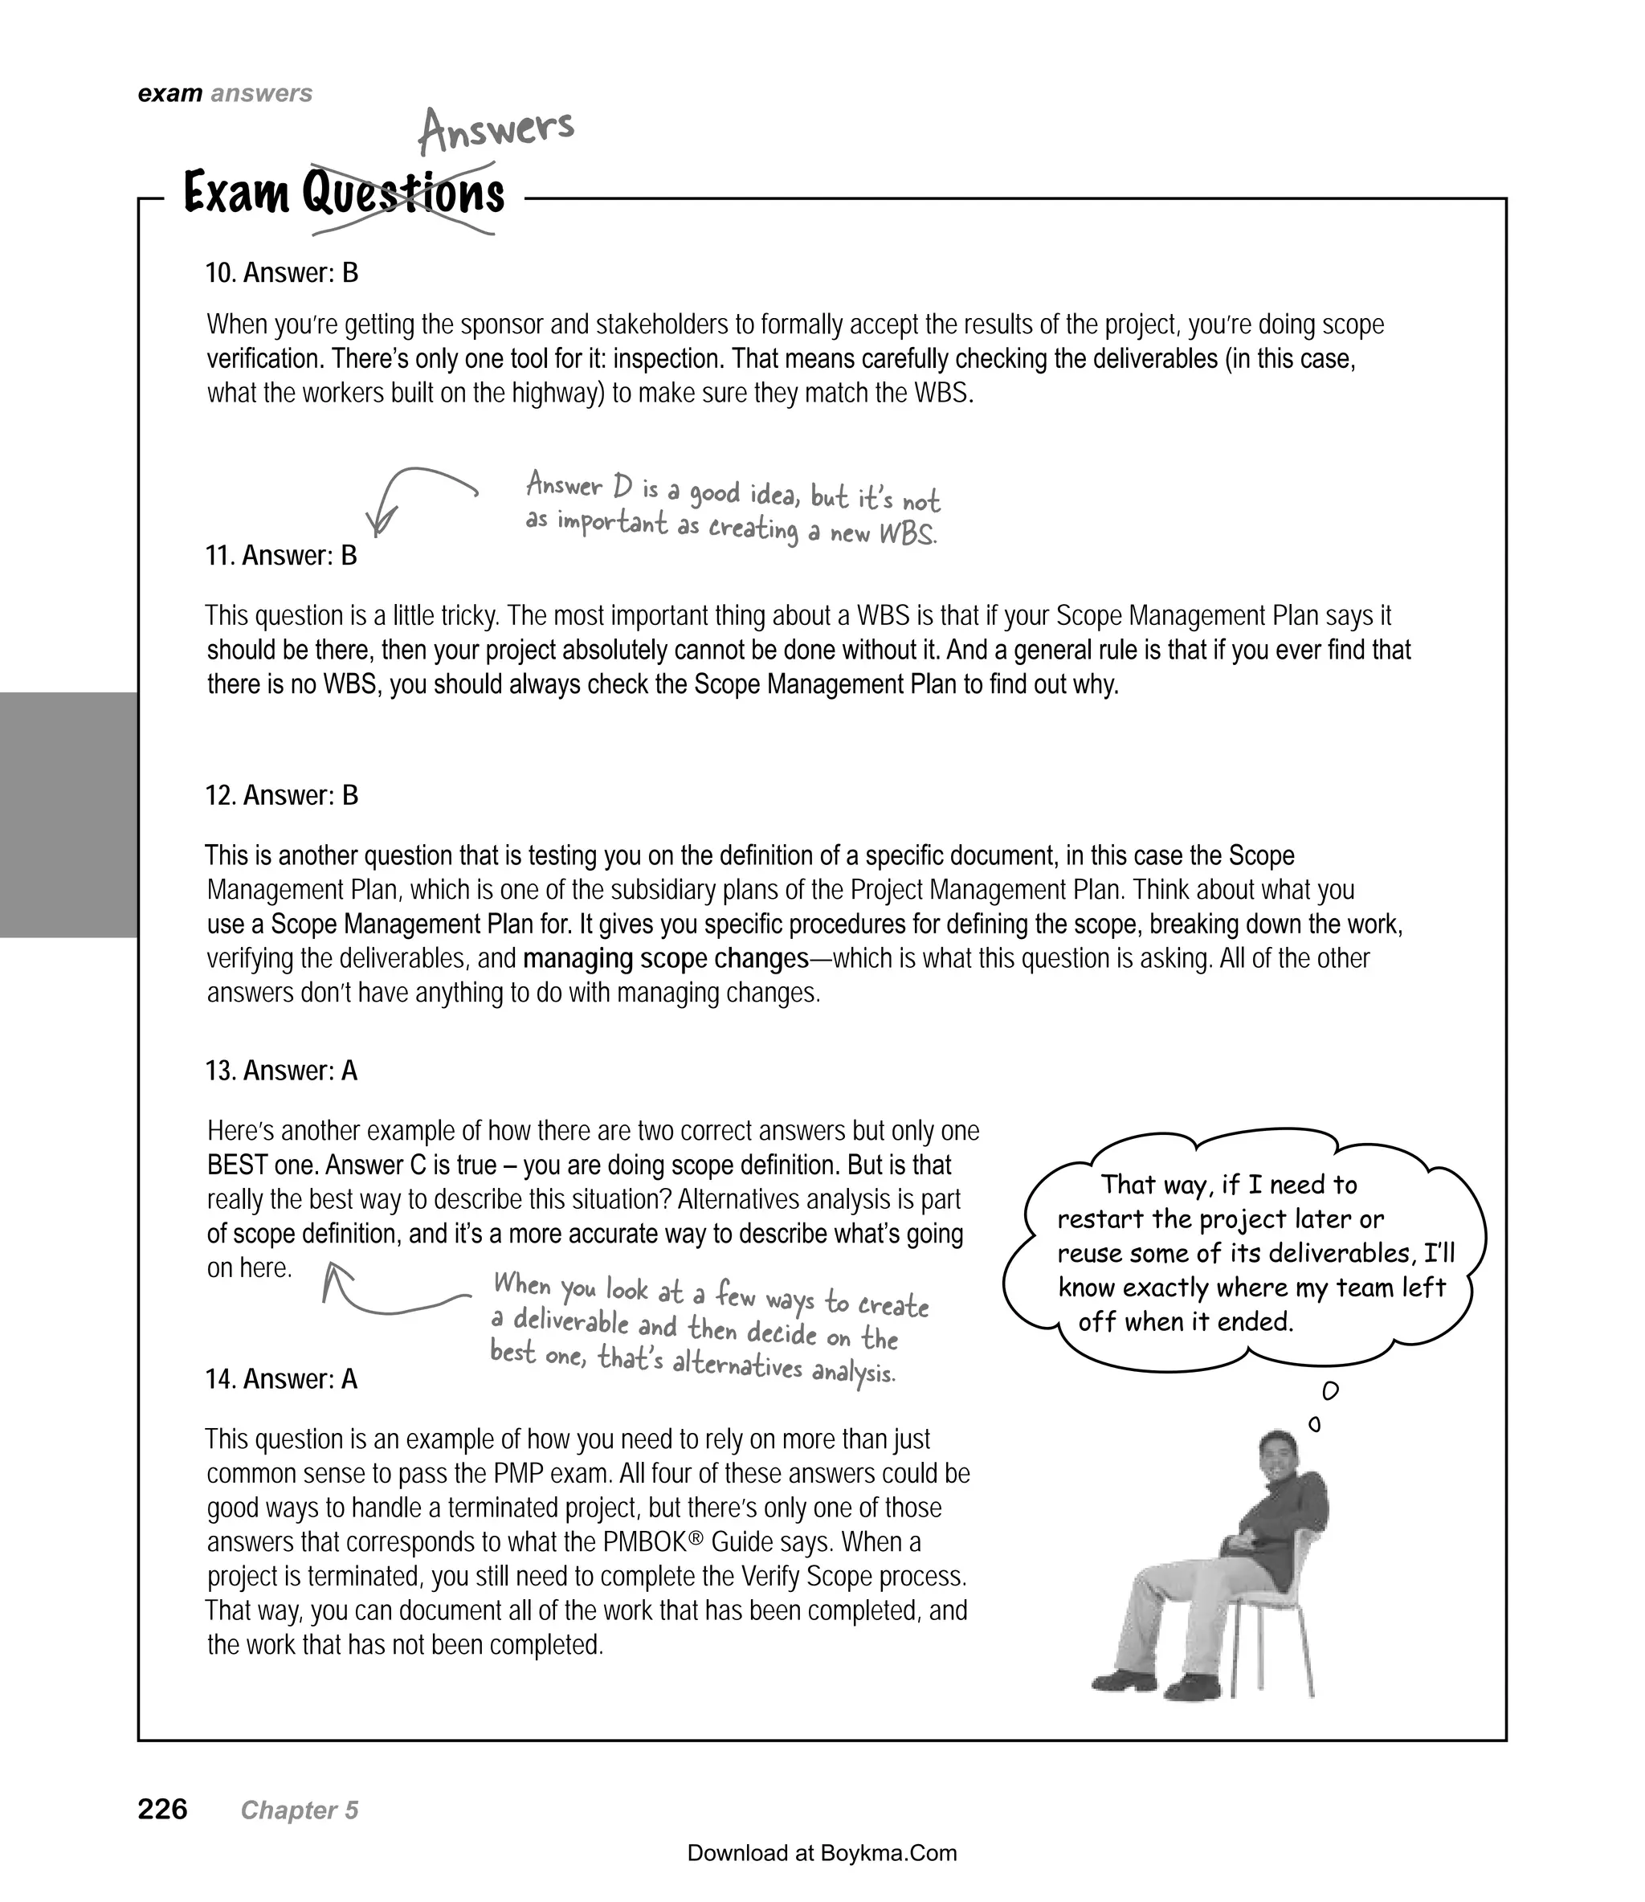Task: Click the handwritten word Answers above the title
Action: (x=496, y=130)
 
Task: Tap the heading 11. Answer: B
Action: (x=281, y=555)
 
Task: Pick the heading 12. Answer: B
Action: (x=282, y=795)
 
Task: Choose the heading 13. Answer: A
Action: (x=281, y=1071)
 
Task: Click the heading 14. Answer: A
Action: (x=281, y=1379)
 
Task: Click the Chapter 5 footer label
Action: (x=300, y=1810)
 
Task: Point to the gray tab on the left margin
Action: (x=68, y=814)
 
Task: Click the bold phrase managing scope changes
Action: (x=666, y=958)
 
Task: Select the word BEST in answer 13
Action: (x=236, y=1165)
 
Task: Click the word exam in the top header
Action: (x=169, y=94)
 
